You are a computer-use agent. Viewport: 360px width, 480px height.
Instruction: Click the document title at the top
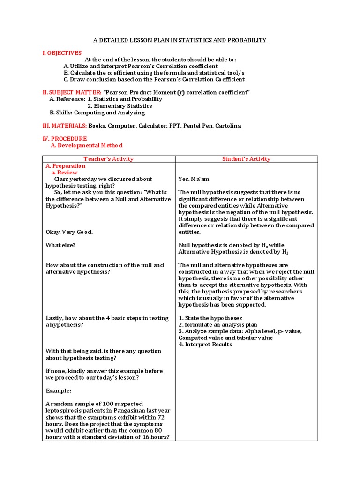(180, 40)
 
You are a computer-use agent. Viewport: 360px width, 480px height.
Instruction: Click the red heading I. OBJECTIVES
(62, 53)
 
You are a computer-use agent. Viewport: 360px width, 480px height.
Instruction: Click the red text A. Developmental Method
(86, 146)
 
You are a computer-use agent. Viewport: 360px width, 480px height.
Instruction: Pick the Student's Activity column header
(246, 159)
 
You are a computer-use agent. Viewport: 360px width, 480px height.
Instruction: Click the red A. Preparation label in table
(66, 166)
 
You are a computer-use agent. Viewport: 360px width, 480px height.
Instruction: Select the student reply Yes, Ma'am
(194, 179)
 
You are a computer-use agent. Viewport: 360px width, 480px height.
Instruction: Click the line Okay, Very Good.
(69, 232)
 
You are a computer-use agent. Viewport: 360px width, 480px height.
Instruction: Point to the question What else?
(60, 245)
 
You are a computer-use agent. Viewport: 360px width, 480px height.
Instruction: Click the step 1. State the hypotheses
(210, 318)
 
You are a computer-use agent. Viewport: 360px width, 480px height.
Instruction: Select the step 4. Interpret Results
(205, 345)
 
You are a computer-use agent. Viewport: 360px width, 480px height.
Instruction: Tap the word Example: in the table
(59, 390)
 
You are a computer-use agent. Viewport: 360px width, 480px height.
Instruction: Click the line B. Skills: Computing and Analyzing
(97, 112)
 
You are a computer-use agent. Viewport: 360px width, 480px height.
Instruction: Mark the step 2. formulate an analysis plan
(218, 325)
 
